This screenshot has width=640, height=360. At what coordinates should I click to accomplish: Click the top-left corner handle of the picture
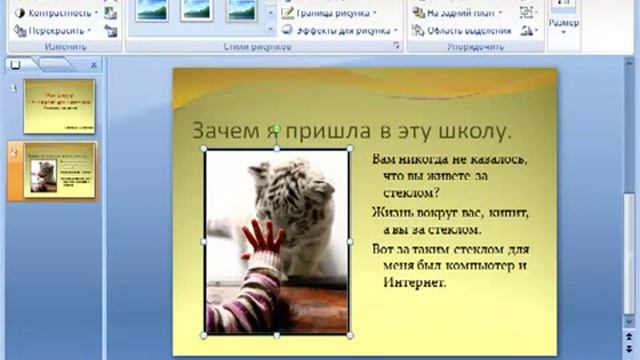[205, 150]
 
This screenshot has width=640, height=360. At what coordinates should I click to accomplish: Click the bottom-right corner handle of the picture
[349, 333]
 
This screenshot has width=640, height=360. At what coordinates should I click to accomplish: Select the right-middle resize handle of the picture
[349, 241]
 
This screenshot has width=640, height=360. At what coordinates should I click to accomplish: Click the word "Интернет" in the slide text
[411, 283]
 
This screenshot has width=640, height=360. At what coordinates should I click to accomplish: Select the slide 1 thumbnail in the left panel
[60, 106]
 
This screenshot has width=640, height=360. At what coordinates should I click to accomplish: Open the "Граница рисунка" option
[329, 13]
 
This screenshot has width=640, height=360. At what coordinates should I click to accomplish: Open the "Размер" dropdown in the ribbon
[563, 25]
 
